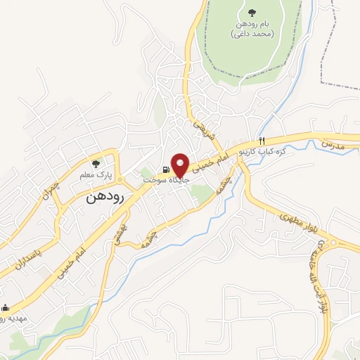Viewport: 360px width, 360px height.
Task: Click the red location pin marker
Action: click(x=180, y=165)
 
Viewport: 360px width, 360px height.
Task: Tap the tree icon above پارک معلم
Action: click(x=106, y=162)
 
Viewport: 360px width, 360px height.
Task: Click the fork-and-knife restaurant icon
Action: click(x=262, y=141)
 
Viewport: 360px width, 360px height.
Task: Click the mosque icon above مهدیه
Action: click(x=6, y=307)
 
